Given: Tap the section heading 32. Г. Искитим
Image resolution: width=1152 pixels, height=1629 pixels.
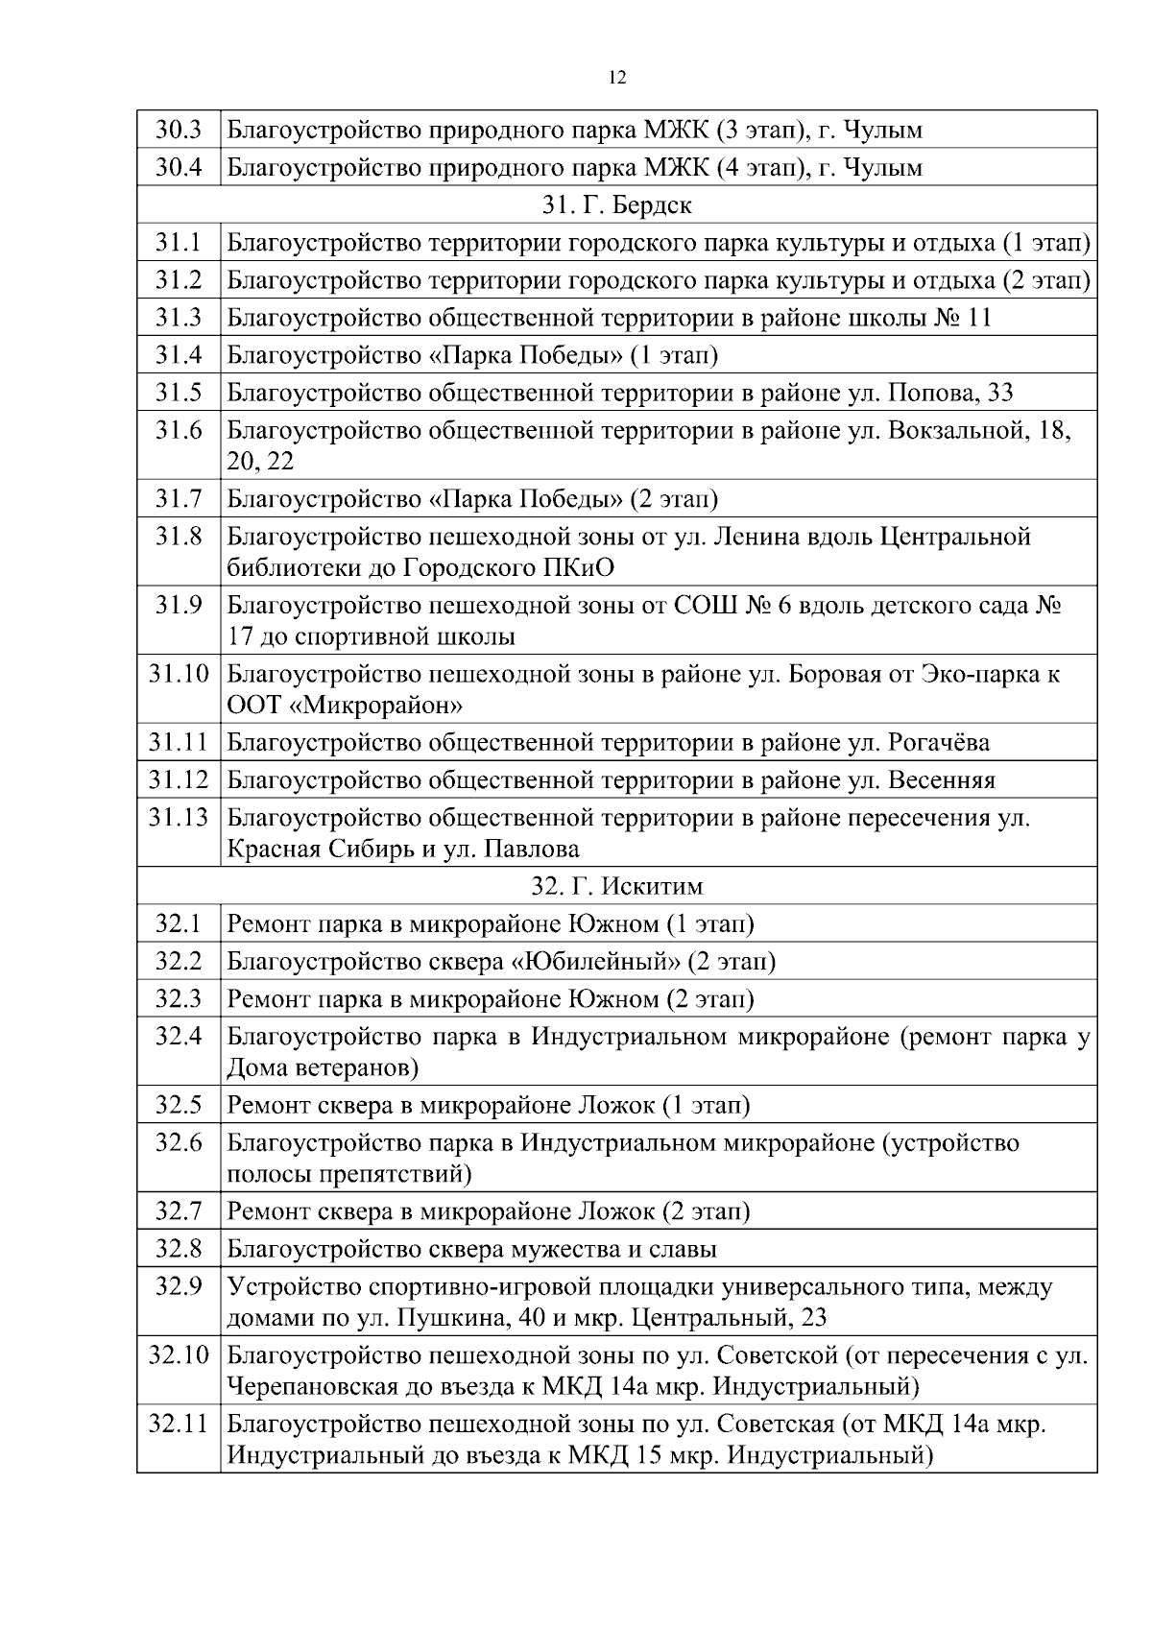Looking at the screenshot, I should pyautogui.click(x=617, y=886).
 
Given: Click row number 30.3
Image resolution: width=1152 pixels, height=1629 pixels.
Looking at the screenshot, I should pyautogui.click(x=179, y=130).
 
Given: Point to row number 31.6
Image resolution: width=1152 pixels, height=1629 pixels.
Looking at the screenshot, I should pyautogui.click(x=179, y=430).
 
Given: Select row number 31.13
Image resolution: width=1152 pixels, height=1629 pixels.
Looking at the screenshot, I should pyautogui.click(x=179, y=818).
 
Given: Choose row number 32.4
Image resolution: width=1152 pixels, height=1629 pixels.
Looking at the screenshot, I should pyautogui.click(x=179, y=1037).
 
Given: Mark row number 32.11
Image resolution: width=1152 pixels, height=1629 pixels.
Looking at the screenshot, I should pyautogui.click(x=179, y=1425).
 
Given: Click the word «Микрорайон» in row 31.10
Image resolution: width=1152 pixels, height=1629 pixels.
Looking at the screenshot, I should pyautogui.click(x=377, y=707).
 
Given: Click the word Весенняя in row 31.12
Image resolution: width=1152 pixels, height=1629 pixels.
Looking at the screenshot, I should pyautogui.click(x=942, y=780).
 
